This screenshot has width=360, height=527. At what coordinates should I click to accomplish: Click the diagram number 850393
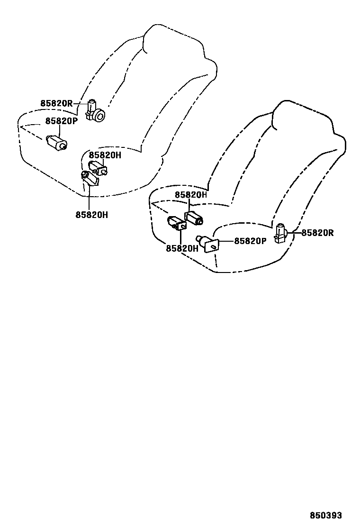[x=326, y=515]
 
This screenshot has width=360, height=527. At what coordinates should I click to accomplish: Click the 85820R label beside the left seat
[x=56, y=103]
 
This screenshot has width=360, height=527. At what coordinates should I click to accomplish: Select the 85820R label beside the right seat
[x=317, y=233]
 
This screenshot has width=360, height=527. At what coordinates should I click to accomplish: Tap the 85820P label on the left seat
[x=61, y=121]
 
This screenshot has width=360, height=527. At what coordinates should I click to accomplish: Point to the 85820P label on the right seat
[x=250, y=241]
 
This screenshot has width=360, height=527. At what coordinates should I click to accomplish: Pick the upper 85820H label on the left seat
[x=105, y=155]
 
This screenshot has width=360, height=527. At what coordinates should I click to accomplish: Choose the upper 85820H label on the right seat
[x=191, y=195]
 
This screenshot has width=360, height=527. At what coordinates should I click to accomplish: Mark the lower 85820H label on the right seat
[x=182, y=248]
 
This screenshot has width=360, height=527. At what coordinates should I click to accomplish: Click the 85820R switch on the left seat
[x=95, y=112]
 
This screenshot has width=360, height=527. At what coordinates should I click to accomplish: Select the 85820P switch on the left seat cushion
[x=56, y=142]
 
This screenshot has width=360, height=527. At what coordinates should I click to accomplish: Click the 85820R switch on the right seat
[x=281, y=233]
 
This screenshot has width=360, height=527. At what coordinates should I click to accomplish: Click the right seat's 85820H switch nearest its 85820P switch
[x=194, y=218]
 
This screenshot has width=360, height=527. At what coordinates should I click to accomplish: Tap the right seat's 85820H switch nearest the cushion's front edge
[x=176, y=223]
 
